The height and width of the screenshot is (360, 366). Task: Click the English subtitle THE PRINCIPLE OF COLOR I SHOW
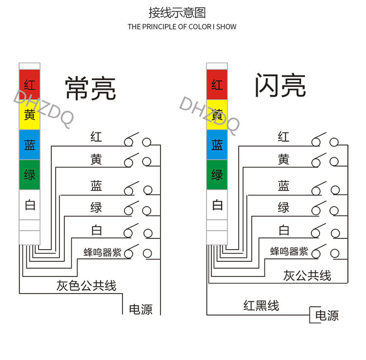point(182,26)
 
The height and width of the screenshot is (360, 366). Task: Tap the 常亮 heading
point(90,88)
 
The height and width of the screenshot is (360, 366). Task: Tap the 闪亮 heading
point(280,86)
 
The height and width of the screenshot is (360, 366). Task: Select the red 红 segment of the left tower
point(29,85)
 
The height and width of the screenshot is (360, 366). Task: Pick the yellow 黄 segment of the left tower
point(29,115)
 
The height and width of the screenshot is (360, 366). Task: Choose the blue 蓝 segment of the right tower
point(217,145)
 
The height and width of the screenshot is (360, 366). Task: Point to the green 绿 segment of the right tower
point(217,175)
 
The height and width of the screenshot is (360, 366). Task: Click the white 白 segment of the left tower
point(29,205)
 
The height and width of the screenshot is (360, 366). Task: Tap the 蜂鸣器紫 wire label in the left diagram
point(102,253)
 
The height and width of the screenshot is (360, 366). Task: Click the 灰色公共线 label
point(86,286)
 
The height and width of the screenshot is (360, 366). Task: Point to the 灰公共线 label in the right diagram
point(307,275)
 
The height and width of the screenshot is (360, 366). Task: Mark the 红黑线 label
point(261,306)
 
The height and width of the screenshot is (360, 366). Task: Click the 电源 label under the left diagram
point(141,309)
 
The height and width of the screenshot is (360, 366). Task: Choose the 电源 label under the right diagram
point(326,316)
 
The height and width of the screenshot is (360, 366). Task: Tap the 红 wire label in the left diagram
point(96,136)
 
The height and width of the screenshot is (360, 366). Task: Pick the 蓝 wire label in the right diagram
point(284,186)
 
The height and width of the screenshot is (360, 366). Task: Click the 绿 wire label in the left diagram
point(96,208)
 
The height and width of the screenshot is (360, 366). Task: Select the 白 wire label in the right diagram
point(284,230)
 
